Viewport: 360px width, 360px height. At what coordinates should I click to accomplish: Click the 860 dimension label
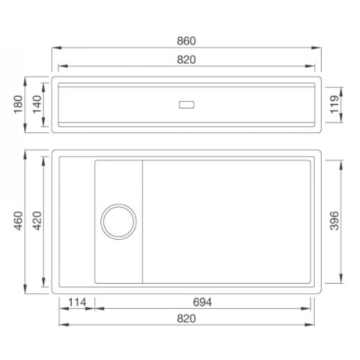(186, 41)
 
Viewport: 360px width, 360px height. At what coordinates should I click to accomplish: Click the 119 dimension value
(335, 104)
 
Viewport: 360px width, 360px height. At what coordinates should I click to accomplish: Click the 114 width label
(77, 302)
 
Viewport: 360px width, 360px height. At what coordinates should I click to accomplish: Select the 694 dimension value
(202, 302)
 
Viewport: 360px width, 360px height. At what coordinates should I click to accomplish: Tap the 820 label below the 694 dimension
(186, 318)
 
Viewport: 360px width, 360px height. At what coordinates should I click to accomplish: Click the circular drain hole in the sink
(119, 222)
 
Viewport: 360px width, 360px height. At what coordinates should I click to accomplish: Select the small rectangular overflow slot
(187, 105)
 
